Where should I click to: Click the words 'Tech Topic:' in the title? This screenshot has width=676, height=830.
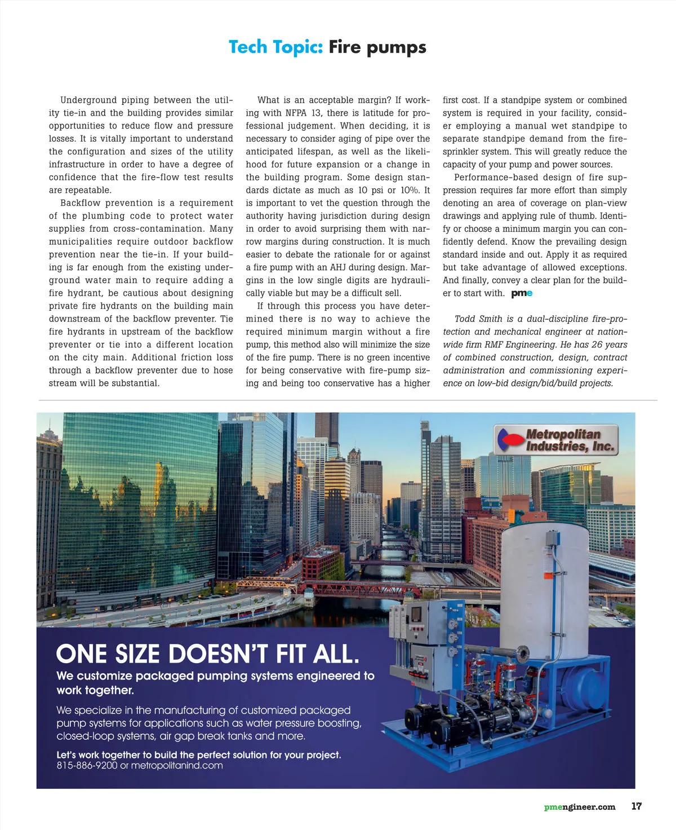click(x=275, y=47)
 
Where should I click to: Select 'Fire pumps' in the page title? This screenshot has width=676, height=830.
click(x=377, y=47)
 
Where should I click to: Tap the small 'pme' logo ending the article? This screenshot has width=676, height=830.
click(x=522, y=293)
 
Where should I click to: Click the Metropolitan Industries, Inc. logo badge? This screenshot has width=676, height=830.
click(x=556, y=440)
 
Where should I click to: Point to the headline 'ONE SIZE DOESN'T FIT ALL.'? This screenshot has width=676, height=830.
click(x=207, y=654)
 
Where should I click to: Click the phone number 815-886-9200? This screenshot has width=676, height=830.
click(x=87, y=766)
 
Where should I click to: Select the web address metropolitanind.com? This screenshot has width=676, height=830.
click(x=177, y=766)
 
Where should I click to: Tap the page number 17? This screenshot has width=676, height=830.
click(x=636, y=806)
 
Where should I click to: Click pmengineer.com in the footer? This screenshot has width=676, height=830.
click(x=580, y=807)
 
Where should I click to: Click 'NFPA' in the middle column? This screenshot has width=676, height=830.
click(x=296, y=113)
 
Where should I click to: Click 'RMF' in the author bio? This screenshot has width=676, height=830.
click(x=493, y=345)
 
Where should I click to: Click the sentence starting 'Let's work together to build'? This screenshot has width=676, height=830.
click(x=198, y=754)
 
